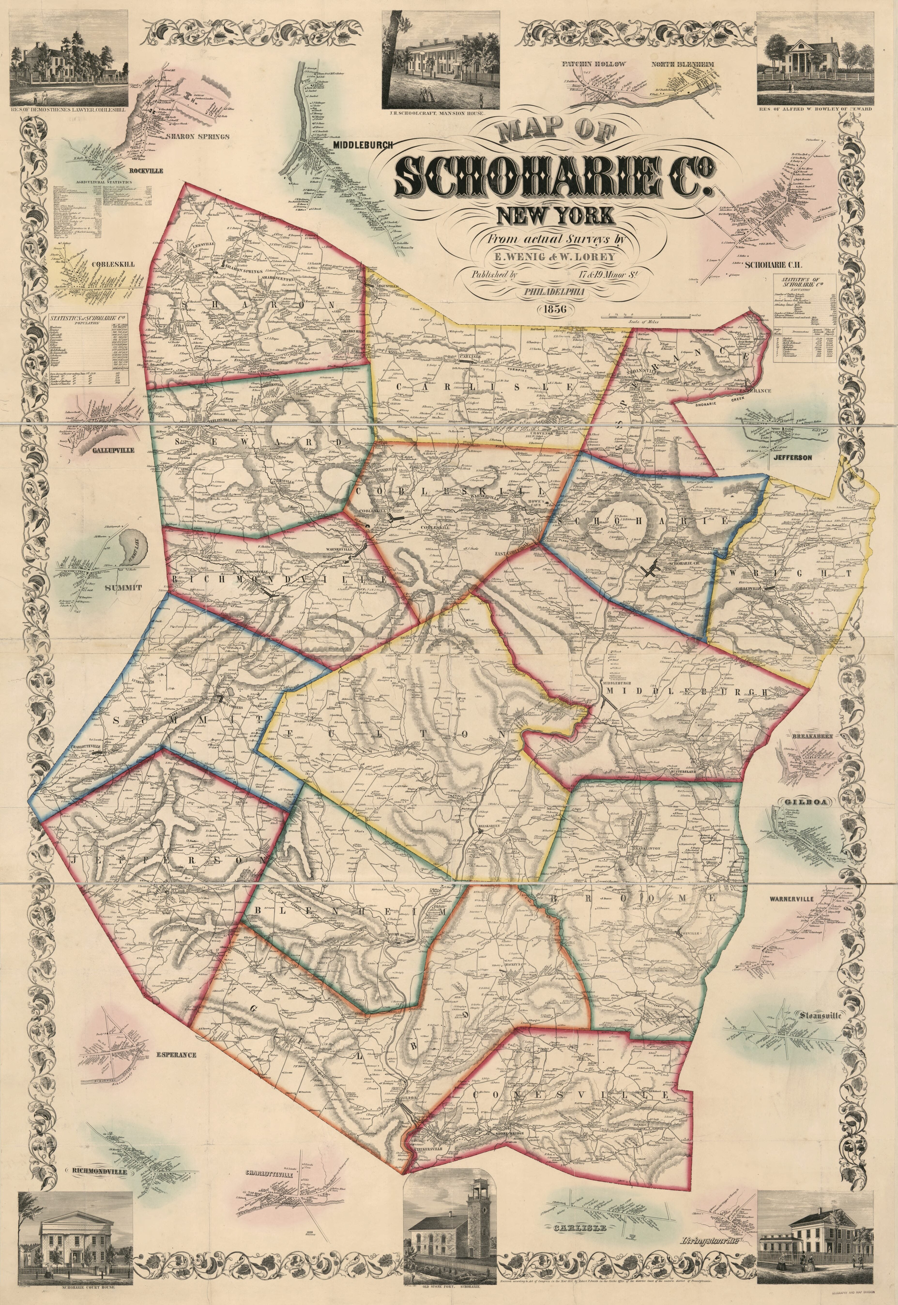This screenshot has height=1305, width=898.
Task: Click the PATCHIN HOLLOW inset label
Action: click(594, 64)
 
